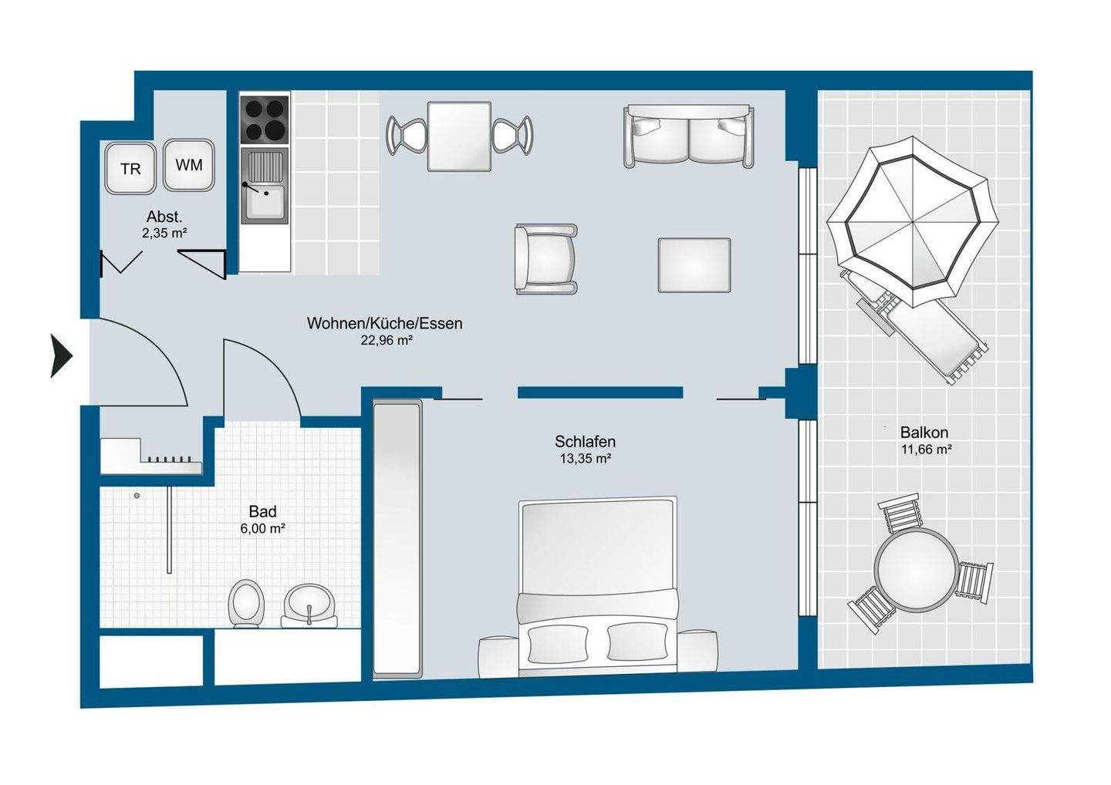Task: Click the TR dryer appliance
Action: (130, 168)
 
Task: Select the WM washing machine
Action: (189, 164)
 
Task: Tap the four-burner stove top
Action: (265, 119)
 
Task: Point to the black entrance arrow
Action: (62, 355)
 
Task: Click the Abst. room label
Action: (164, 217)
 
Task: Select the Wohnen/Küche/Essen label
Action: (384, 323)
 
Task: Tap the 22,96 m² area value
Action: (387, 341)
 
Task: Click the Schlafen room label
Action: (585, 441)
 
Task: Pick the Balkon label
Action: (924, 432)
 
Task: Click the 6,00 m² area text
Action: (262, 529)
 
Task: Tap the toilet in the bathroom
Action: (246, 603)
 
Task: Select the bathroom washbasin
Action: (309, 605)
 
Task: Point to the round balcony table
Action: (916, 569)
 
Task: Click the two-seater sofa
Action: (688, 136)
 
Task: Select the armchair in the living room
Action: (545, 258)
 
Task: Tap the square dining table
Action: (459, 136)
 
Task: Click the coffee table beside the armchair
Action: (694, 265)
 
